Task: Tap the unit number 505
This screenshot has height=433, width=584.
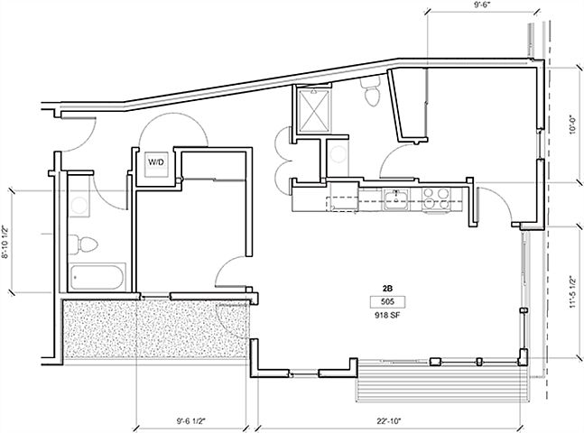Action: (x=387, y=303)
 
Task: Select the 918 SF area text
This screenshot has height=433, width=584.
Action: (x=387, y=318)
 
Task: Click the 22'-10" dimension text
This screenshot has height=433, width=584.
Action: (x=389, y=420)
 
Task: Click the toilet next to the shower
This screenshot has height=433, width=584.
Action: (x=369, y=92)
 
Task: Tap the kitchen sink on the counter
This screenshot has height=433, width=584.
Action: (x=395, y=198)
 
